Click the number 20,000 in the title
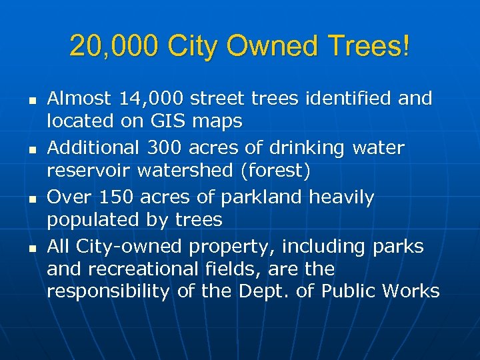(113, 47)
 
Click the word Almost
(79, 99)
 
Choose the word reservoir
(89, 171)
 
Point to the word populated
(89, 221)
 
